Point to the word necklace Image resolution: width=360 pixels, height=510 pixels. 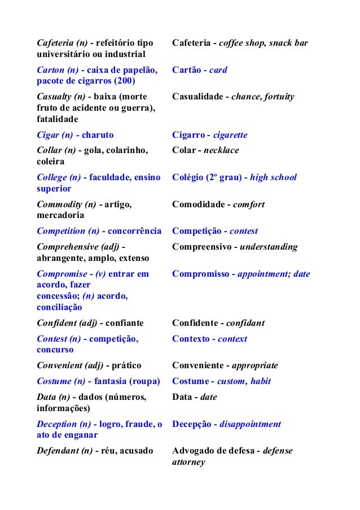click(x=221, y=150)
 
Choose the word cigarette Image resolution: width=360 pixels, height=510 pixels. click(x=227, y=135)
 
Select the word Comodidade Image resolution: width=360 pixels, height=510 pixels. click(x=196, y=204)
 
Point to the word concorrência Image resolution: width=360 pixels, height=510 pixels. click(x=134, y=231)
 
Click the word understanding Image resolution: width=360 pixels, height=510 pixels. click(x=269, y=247)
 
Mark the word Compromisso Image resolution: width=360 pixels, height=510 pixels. click(x=200, y=274)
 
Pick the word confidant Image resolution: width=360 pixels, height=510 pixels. click(x=245, y=323)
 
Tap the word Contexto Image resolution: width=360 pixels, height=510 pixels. click(x=191, y=339)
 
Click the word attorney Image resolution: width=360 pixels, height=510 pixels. click(x=188, y=462)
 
